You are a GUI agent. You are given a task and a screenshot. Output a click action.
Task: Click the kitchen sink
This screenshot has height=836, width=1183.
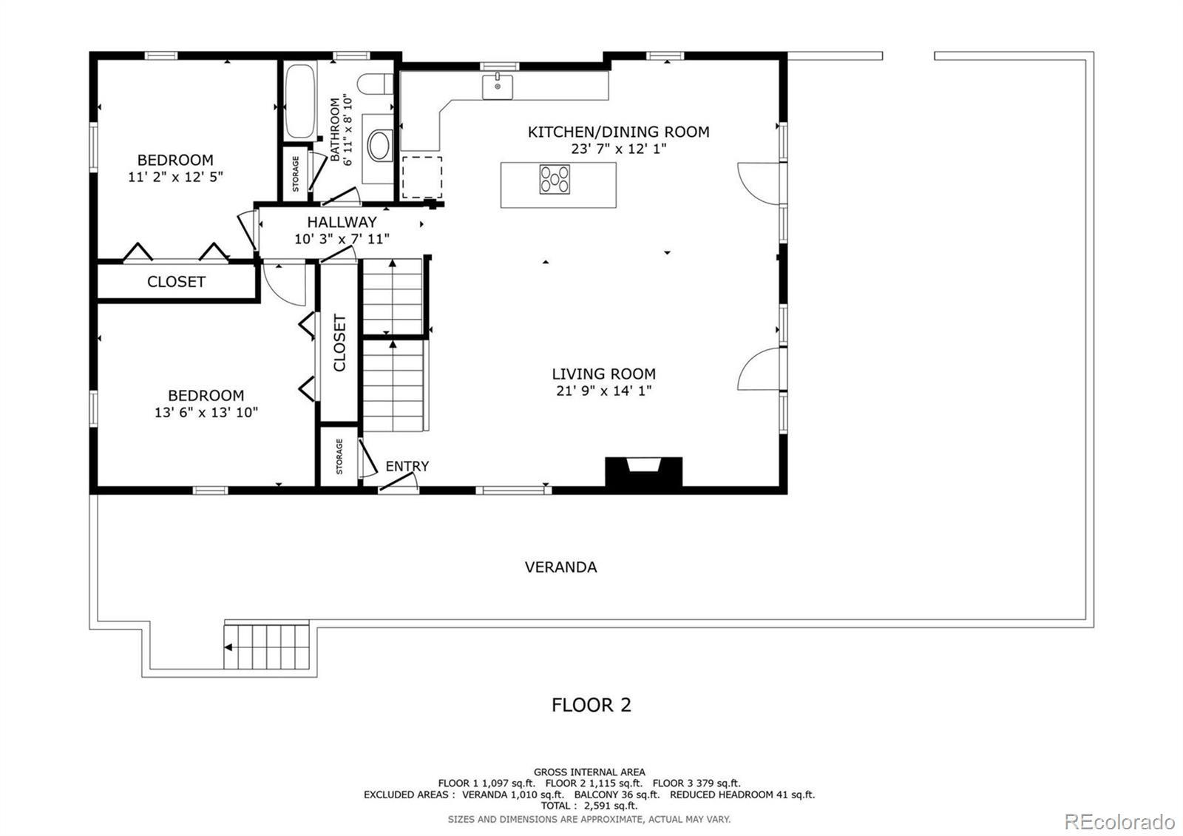pyautogui.click(x=497, y=87)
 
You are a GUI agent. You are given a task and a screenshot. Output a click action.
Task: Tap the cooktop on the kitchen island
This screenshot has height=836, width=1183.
pyautogui.click(x=555, y=180)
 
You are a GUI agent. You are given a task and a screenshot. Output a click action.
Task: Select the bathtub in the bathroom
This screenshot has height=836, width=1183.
pyautogui.click(x=300, y=101)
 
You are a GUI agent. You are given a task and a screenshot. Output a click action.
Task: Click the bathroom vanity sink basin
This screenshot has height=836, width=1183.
pyautogui.click(x=379, y=146)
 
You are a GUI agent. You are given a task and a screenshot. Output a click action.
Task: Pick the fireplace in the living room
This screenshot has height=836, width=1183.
pyautogui.click(x=643, y=472)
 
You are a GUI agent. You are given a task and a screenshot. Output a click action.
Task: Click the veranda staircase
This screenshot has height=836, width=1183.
pyautogui.click(x=267, y=647)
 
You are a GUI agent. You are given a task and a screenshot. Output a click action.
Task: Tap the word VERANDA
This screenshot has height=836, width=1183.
pyautogui.click(x=561, y=567)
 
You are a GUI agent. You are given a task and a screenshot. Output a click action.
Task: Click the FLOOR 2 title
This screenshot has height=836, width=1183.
pyautogui.click(x=591, y=705)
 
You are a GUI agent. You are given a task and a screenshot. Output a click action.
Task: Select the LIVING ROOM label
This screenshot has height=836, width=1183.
pyautogui.click(x=603, y=374)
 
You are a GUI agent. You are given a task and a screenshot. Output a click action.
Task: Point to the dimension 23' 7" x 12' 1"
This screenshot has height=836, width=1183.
pyautogui.click(x=618, y=149)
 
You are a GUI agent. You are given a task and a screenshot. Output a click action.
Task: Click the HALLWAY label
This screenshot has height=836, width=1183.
pyautogui.click(x=342, y=222)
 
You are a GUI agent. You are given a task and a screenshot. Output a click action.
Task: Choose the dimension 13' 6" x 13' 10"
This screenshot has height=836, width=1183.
pyautogui.click(x=206, y=412)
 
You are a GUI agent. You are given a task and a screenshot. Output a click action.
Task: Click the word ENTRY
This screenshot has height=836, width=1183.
pyautogui.click(x=407, y=466)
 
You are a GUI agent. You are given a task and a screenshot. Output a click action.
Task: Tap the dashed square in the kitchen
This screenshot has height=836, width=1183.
pyautogui.click(x=422, y=177)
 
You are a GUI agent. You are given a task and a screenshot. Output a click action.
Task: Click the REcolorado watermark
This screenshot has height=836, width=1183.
pyautogui.click(x=1119, y=822)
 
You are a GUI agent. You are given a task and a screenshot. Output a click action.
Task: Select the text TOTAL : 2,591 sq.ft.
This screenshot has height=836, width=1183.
pyautogui.click(x=589, y=806)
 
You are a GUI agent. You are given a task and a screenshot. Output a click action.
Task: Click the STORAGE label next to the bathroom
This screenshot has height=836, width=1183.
pyautogui.click(x=296, y=174)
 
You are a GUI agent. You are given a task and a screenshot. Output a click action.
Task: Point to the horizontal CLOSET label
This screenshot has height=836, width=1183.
pyautogui.click(x=176, y=282)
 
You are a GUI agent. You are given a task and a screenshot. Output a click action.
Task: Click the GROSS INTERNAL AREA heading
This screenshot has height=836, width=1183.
pyautogui.click(x=589, y=772)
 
